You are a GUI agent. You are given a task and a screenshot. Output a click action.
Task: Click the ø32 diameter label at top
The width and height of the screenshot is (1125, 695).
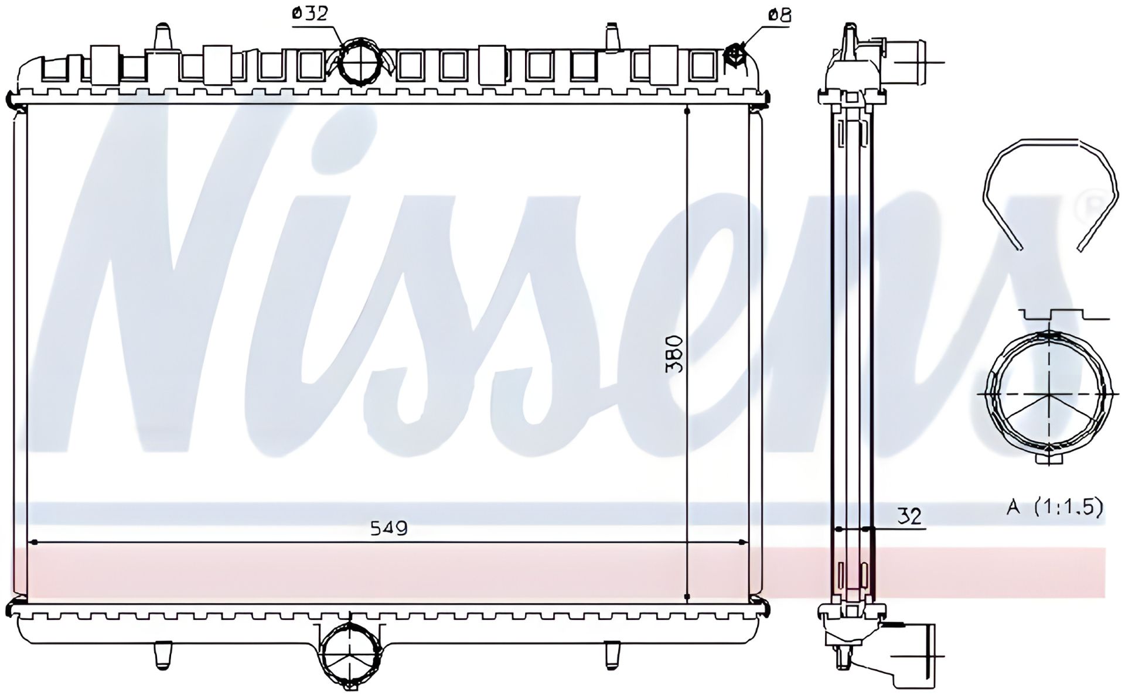click(x=310, y=13)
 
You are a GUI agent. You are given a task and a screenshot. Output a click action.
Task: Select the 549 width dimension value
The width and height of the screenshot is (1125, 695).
click(x=389, y=528)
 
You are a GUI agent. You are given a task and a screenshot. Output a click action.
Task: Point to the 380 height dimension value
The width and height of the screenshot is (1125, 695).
click(x=674, y=354)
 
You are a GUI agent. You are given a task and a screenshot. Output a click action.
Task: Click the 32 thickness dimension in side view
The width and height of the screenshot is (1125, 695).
click(x=909, y=516)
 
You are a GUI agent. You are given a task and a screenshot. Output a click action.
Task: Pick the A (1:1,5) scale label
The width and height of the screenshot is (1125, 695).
click(x=1055, y=507)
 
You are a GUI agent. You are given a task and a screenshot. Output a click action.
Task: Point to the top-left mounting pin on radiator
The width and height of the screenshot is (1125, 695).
click(x=161, y=37)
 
